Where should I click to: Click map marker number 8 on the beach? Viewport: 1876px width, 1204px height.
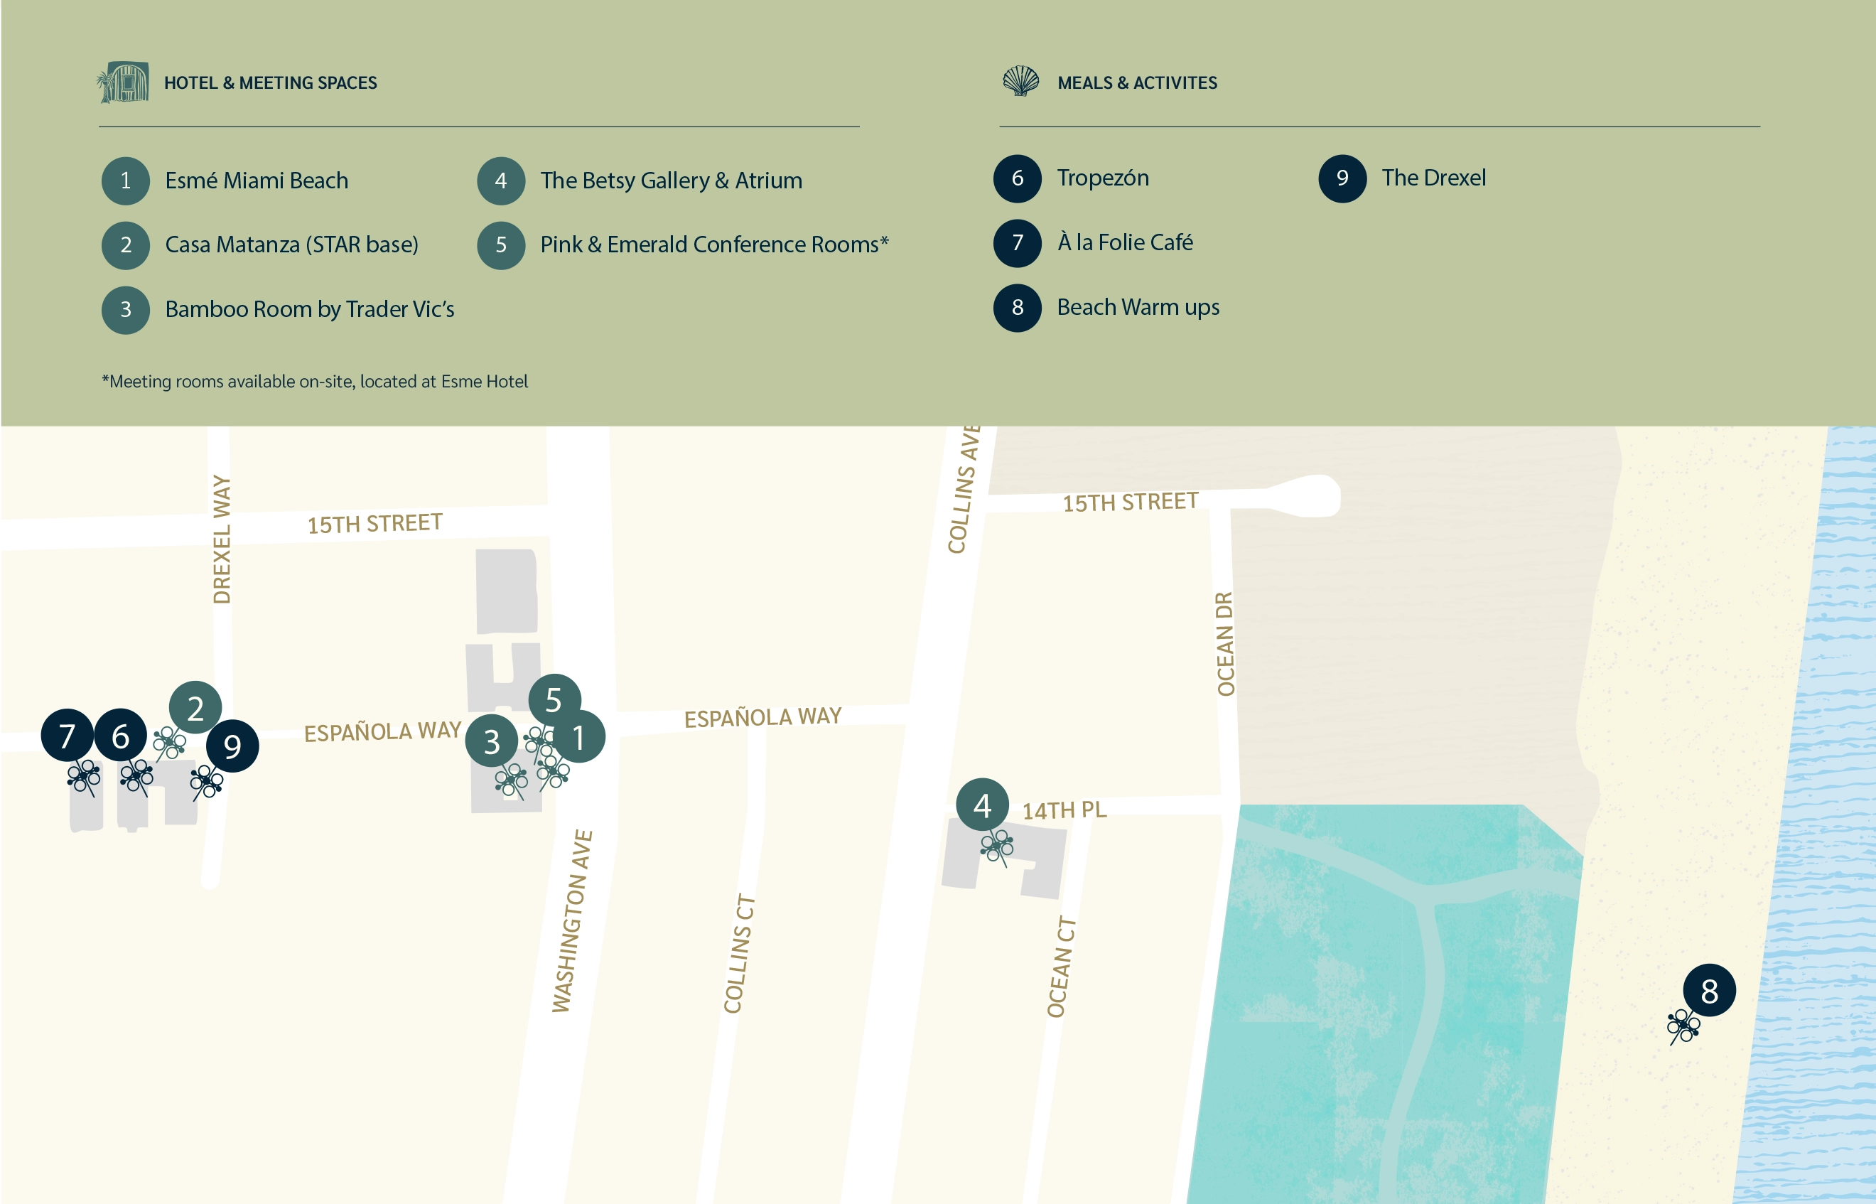point(1709,991)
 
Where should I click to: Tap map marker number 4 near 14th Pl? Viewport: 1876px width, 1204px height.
point(982,805)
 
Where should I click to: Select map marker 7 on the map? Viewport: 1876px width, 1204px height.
point(68,735)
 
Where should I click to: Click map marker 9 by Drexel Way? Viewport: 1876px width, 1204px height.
point(232,746)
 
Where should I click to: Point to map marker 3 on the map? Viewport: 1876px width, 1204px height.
point(491,741)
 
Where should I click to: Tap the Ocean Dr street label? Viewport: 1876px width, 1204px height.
point(1225,643)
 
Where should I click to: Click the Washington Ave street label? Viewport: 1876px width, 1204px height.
point(572,921)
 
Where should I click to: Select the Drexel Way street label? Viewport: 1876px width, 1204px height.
point(222,539)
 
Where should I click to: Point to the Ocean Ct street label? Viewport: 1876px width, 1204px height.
point(1061,967)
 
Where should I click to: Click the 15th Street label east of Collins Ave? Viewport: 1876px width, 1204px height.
point(1131,501)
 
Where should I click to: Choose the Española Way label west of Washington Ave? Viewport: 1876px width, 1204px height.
point(382,731)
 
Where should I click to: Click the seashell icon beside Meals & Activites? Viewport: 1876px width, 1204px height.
point(1021,80)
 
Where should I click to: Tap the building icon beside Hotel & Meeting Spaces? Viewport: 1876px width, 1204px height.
point(124,82)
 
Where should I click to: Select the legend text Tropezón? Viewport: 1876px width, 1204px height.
point(1102,178)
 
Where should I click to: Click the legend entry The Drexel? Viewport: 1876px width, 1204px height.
point(1433,178)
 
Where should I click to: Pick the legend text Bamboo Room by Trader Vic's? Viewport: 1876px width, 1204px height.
point(310,310)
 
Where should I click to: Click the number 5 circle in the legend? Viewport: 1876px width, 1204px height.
point(501,244)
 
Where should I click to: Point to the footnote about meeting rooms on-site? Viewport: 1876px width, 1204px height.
point(315,382)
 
